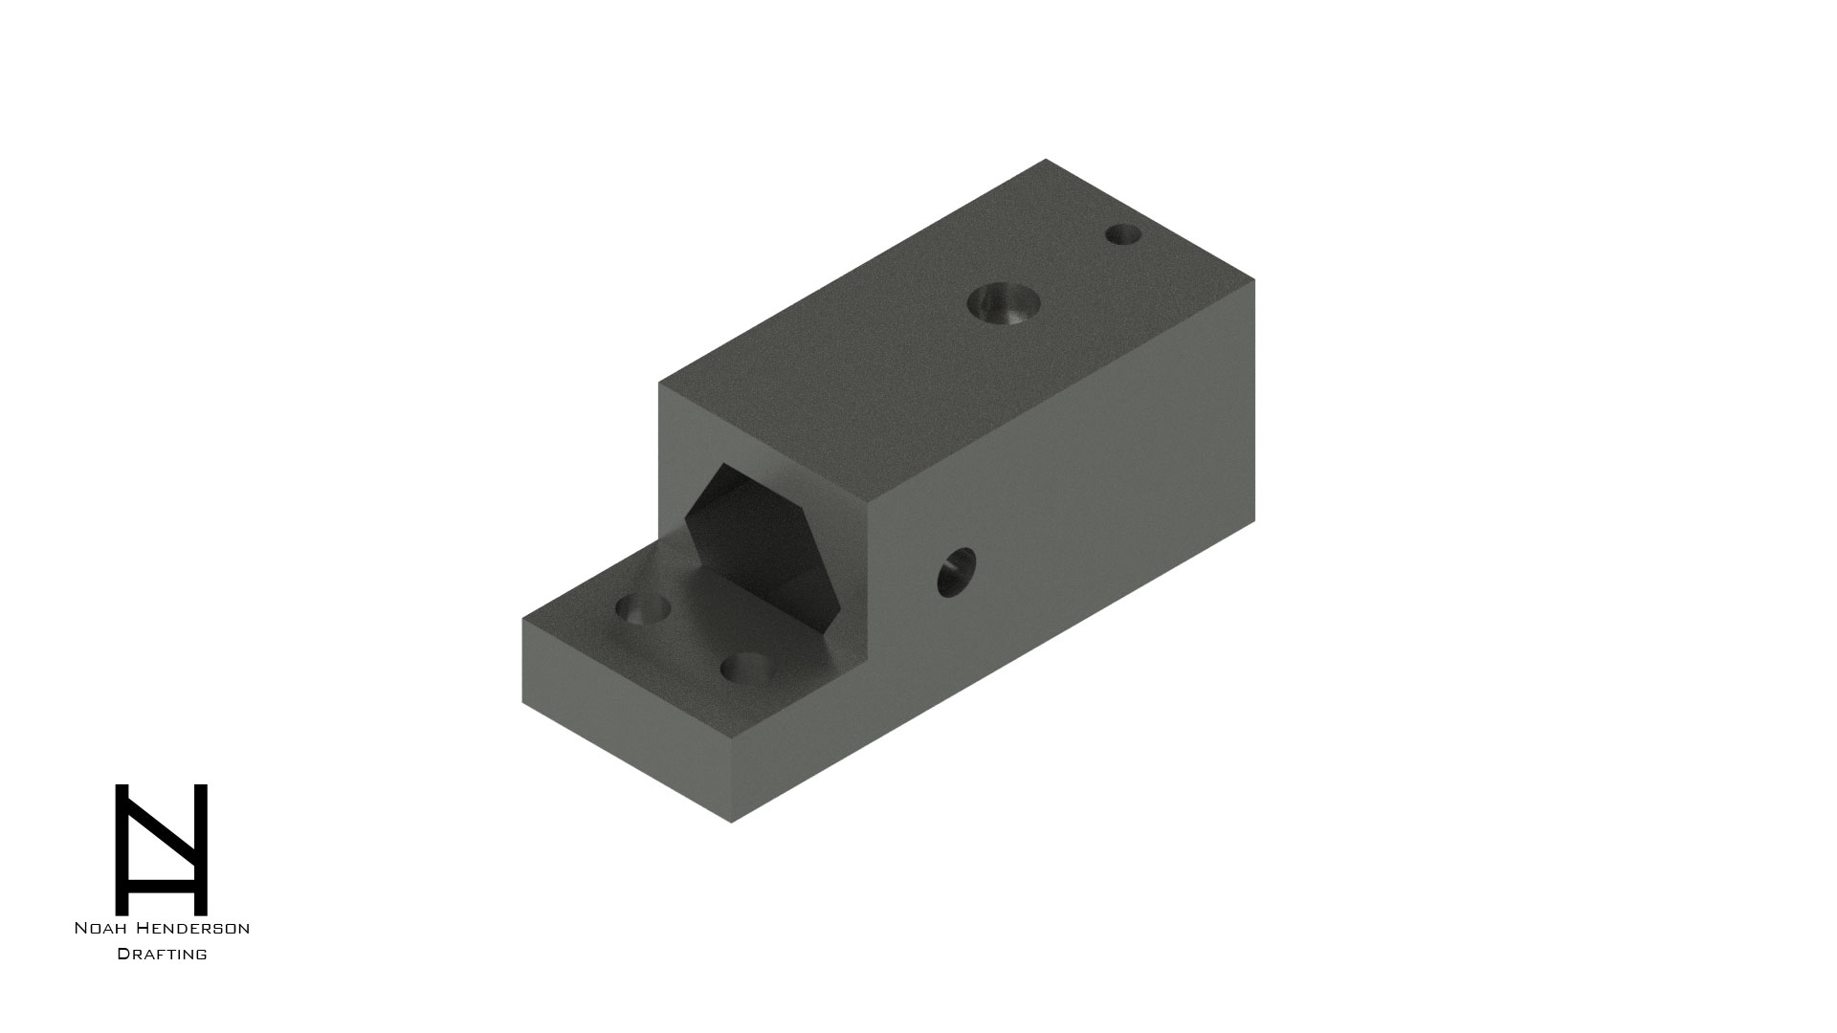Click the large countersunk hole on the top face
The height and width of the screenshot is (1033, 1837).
1004,304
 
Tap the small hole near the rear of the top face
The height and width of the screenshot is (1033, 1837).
1123,234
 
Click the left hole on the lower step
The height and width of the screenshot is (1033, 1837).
642,608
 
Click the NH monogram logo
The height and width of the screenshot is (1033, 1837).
162,849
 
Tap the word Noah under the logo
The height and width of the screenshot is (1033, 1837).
104,928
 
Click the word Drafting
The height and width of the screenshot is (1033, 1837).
162,954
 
